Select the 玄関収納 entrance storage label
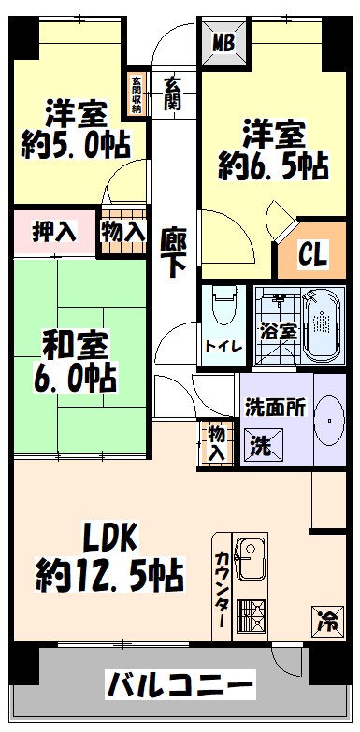coord(137,93)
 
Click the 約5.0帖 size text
coord(74,146)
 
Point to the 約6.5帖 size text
coord(273,166)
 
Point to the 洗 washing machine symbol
coord(260,446)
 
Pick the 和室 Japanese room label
coord(64,342)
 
